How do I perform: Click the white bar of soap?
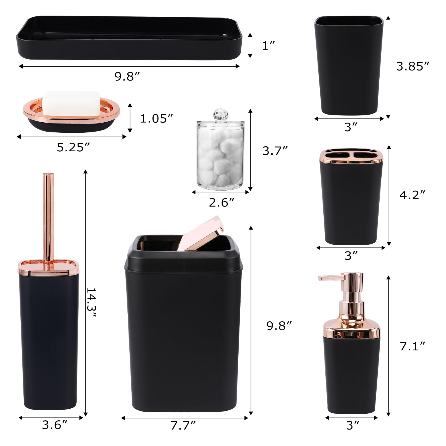(72, 103)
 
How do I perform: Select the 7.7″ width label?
(183, 433)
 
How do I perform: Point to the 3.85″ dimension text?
(413, 66)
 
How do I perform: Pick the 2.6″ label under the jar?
(222, 202)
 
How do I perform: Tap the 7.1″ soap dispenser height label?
(413, 346)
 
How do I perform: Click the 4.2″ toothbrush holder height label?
(413, 195)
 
